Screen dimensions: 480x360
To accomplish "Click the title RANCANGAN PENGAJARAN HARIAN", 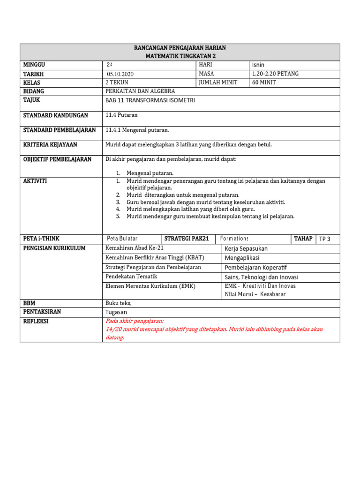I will coord(180,48).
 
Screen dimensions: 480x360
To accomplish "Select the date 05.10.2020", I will coord(120,74).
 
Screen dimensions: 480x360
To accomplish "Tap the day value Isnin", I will coord(258,65).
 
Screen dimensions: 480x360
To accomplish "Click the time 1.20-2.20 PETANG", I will coord(275,74).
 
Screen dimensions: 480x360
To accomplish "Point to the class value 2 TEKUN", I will coord(117,82).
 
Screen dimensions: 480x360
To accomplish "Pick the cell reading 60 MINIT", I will coord(264,82).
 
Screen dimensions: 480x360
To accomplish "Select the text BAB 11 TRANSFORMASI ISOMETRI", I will coord(150,100).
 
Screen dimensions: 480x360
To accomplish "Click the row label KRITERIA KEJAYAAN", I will coord(50,145).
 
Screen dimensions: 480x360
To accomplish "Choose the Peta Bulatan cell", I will coord(122,239).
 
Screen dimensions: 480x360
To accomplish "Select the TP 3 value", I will coord(324,239).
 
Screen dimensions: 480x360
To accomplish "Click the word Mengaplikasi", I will coord(242,258).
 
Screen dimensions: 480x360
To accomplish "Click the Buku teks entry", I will coord(119,303).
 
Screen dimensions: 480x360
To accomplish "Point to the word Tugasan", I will coord(116,312).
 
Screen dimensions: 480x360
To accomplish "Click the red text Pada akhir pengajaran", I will coord(135,321).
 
